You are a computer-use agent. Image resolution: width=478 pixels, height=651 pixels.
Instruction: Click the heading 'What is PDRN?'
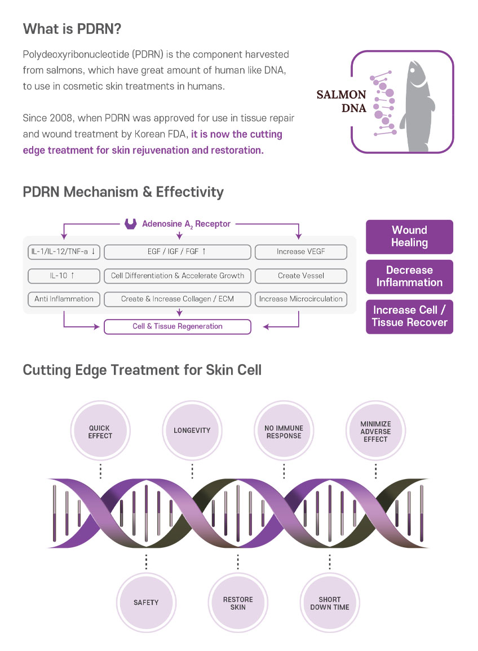pos(72,29)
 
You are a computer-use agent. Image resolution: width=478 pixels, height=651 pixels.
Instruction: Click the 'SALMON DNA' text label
pos(342,101)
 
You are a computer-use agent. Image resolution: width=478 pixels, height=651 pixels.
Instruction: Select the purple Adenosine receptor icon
pos(131,224)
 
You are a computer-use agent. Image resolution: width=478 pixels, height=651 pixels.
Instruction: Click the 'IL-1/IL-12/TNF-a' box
pos(64,251)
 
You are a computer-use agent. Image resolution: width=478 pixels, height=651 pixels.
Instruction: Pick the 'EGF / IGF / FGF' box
pos(178,251)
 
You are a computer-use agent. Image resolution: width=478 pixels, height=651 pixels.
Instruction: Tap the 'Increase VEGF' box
pos(300,251)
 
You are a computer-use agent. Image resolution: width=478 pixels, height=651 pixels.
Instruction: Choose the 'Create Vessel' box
pos(300,276)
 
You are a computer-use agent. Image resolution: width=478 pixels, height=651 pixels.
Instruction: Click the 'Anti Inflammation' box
pos(64,299)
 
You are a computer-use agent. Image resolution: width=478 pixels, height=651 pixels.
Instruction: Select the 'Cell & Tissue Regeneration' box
pos(178,326)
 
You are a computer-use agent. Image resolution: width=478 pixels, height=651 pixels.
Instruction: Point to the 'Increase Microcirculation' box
pos(300,299)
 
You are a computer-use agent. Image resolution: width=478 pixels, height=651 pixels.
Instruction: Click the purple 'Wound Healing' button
pos(409,237)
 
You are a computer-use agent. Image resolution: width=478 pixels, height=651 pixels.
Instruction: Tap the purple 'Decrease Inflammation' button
pos(409,277)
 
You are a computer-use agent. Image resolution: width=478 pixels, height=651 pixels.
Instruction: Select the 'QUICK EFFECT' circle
pos(100,431)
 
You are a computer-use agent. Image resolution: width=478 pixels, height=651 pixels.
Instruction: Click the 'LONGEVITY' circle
pos(192,431)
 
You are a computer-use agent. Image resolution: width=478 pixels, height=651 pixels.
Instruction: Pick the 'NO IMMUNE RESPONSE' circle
pos(284,431)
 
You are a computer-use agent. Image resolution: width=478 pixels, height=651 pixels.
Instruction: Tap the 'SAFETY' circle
pos(146,603)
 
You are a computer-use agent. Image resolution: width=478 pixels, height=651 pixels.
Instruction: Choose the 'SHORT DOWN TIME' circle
pos(330,603)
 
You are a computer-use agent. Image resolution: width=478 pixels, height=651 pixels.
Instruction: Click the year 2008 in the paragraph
pos(61,118)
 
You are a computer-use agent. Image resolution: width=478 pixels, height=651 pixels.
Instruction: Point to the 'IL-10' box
pos(64,276)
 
